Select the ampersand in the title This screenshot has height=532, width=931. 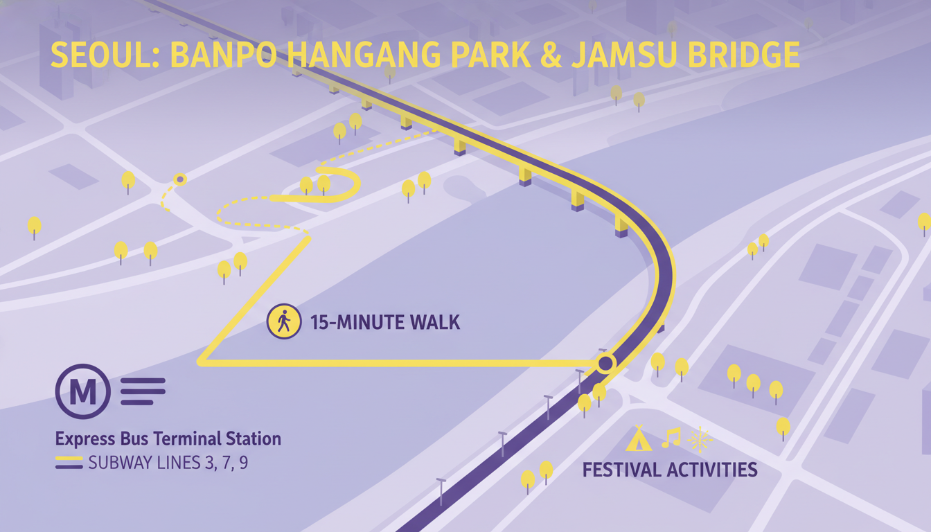click(x=551, y=55)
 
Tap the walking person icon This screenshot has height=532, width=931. click(x=284, y=321)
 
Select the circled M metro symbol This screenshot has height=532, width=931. click(x=83, y=391)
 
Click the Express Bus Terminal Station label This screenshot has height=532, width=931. click(x=168, y=439)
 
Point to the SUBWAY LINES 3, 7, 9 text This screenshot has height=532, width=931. click(x=168, y=463)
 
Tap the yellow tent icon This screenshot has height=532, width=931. click(x=639, y=438)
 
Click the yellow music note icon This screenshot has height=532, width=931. click(x=671, y=438)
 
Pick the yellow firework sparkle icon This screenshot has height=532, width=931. click(x=700, y=439)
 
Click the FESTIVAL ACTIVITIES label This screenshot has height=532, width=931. click(x=670, y=470)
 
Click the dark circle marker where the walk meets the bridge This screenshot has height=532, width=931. click(x=605, y=364)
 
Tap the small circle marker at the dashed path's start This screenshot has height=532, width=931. click(x=180, y=179)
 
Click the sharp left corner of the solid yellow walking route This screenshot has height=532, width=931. click(x=201, y=362)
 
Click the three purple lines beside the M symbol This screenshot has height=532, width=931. click(x=143, y=391)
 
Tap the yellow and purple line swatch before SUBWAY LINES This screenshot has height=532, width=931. click(x=69, y=463)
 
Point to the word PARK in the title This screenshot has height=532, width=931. click(x=491, y=55)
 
